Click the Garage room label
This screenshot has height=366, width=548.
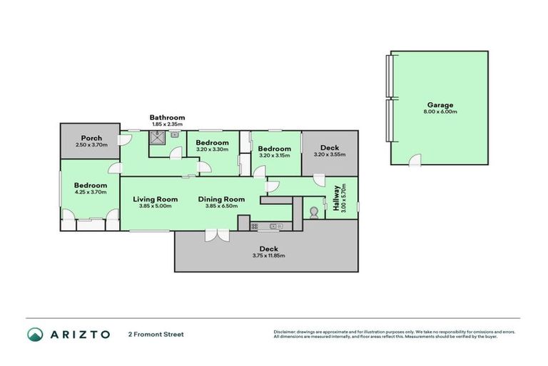coord(440,104)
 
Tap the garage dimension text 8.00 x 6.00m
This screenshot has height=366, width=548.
coord(440,112)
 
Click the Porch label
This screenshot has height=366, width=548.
coord(91,138)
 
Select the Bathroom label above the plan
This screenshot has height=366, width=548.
coord(167,117)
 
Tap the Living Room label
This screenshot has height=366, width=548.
coord(156,199)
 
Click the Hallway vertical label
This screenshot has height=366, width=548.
coord(335,198)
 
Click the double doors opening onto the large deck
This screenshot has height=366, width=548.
coord(215,235)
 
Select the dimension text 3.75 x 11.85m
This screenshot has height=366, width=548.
coord(268,255)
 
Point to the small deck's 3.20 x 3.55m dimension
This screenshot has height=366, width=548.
coord(329,154)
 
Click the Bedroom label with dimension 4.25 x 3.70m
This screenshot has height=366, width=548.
coord(90,185)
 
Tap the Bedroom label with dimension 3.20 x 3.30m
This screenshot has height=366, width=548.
coord(212,142)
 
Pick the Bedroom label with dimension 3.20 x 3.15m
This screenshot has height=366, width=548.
coord(274,149)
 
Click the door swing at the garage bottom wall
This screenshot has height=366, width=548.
coord(415,160)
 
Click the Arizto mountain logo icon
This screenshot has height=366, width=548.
coord(35,334)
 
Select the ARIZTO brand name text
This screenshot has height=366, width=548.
coord(80,334)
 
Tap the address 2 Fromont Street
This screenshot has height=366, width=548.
coord(156,334)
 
